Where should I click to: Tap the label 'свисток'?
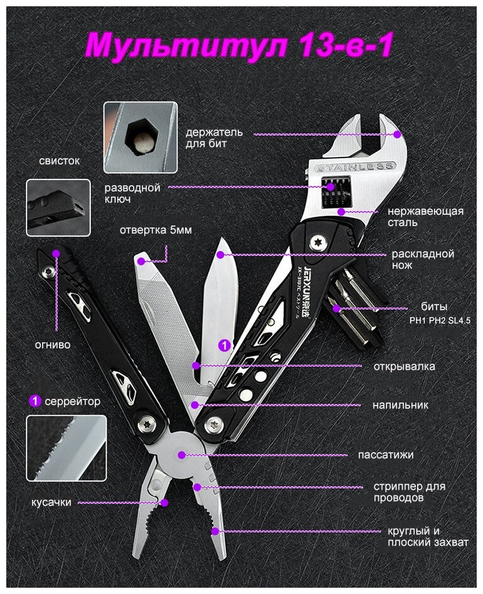coord(60,161)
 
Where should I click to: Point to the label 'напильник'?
coord(400,405)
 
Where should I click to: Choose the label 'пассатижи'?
coord(385,455)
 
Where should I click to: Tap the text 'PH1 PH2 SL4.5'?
coord(439,320)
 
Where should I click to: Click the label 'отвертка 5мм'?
coord(156,230)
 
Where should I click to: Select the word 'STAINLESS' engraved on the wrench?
coord(355,168)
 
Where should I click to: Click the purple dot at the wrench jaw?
coord(397,134)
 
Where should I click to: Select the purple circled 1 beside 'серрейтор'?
coord(35,401)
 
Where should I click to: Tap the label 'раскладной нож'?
coord(422,260)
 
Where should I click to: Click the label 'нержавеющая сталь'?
coord(425,217)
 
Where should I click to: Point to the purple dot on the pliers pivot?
coord(182,454)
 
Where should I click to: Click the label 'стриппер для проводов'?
coord(408,492)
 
